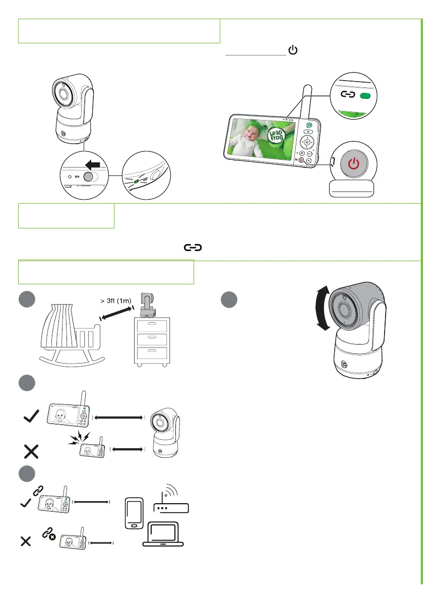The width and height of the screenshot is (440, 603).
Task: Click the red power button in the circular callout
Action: click(355, 164)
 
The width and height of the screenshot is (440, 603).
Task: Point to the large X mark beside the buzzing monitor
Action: click(31, 451)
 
